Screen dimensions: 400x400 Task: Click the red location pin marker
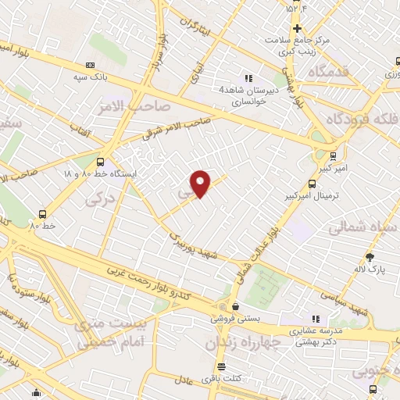click(x=201, y=184)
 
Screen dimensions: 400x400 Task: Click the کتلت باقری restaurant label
click(x=221, y=379)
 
